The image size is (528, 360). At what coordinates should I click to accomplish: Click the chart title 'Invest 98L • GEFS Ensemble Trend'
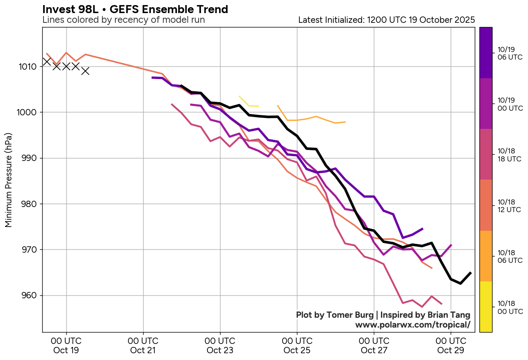pos(135,9)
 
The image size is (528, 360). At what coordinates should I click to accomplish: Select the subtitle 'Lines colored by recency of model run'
pos(123,20)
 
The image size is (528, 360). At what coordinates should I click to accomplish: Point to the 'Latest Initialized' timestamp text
pos(386,20)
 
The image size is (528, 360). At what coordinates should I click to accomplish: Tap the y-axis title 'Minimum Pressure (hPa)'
pos(8,180)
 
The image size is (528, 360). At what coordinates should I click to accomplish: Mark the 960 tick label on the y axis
pos(32,295)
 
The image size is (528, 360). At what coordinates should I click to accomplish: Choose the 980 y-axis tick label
pos(32,204)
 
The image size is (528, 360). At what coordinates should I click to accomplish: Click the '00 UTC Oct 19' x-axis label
pos(66,345)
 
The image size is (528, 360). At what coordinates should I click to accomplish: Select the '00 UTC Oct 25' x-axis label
pos(297,345)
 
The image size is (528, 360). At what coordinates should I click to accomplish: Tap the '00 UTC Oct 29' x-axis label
pos(451,345)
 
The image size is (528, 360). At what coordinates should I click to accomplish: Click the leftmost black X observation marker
pos(47,62)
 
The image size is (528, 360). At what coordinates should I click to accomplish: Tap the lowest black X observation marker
pos(85,71)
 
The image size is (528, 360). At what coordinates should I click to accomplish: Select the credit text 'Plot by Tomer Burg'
pos(335,315)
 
